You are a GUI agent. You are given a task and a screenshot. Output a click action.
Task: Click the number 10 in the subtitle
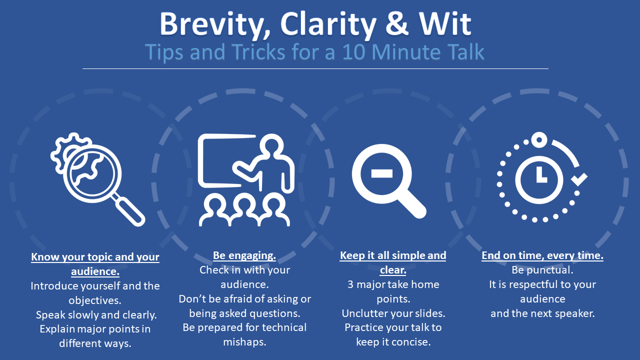[x=353, y=52]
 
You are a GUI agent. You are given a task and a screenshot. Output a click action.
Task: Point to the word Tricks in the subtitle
[x=258, y=52]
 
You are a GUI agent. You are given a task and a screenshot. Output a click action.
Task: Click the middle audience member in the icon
[x=244, y=209]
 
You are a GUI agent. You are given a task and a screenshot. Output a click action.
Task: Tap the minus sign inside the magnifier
[x=381, y=173]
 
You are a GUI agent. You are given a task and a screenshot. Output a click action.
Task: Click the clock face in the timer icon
[x=539, y=179]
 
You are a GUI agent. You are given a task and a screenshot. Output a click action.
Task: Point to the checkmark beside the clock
[x=579, y=179]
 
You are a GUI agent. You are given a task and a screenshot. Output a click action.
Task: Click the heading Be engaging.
[x=244, y=255]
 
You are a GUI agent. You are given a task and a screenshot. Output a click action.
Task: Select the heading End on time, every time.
[x=542, y=255]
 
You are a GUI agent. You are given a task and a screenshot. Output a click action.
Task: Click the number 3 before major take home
[x=350, y=284]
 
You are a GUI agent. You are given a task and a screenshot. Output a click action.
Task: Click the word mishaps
[x=244, y=342]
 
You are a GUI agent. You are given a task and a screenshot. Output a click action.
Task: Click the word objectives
[x=95, y=300]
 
